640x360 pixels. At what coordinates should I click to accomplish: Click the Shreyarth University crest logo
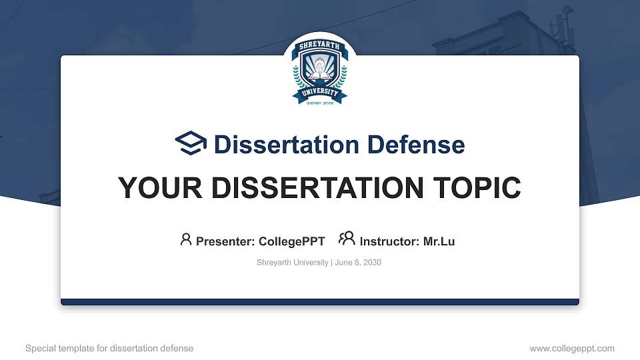click(320, 73)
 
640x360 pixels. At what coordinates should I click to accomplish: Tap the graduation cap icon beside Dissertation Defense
click(191, 143)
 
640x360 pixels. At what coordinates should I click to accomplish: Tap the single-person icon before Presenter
click(186, 239)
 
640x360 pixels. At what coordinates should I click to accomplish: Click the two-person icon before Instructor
click(347, 239)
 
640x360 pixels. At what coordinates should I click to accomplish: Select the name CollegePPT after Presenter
click(293, 241)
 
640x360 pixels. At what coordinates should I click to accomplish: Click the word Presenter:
click(227, 241)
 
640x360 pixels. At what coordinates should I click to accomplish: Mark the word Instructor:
click(389, 241)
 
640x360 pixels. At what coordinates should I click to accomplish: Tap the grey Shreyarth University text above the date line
click(292, 263)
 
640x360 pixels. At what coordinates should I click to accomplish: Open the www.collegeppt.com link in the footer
click(572, 348)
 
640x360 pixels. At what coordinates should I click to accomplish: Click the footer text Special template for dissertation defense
click(109, 348)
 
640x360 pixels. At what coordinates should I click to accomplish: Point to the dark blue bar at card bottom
click(320, 302)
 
